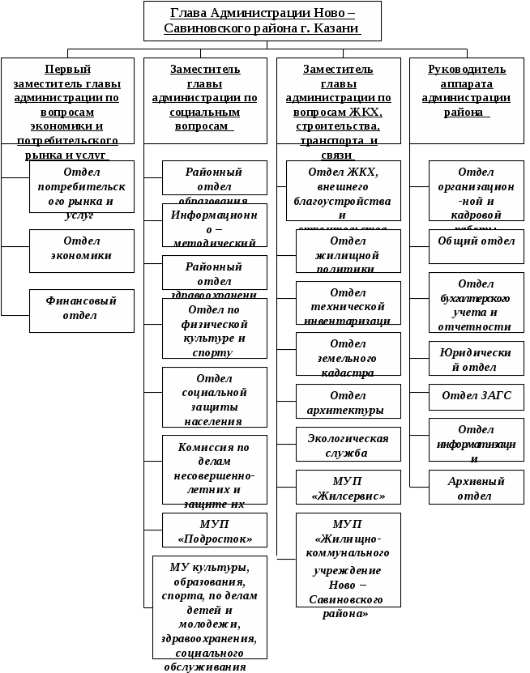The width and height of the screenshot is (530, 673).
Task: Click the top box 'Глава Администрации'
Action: (x=262, y=21)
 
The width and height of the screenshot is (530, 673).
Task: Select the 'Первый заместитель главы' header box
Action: (x=67, y=100)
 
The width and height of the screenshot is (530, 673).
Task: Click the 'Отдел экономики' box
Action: (x=82, y=250)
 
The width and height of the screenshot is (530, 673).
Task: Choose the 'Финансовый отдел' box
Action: (x=82, y=310)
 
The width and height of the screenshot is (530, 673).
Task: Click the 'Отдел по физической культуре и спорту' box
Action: (x=215, y=328)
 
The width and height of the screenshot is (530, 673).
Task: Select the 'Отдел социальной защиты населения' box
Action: (x=215, y=397)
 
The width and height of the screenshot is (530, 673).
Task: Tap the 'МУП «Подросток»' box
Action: (x=215, y=531)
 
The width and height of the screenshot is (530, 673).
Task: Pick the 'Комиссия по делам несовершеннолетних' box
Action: (x=215, y=470)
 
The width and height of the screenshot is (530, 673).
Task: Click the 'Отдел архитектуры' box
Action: (x=348, y=401)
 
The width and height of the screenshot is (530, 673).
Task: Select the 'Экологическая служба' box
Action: (x=348, y=444)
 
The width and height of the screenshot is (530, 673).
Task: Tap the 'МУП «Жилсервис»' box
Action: (x=348, y=488)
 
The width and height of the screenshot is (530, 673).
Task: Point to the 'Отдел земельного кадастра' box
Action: (x=348, y=354)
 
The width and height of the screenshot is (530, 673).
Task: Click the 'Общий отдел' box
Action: (x=477, y=246)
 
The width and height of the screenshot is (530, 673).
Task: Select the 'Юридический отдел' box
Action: (x=477, y=358)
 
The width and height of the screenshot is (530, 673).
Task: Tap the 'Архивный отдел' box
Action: (x=477, y=487)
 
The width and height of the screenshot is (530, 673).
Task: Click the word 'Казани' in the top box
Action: (x=337, y=29)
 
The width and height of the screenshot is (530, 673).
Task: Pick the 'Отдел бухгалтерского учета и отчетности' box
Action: (x=477, y=302)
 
